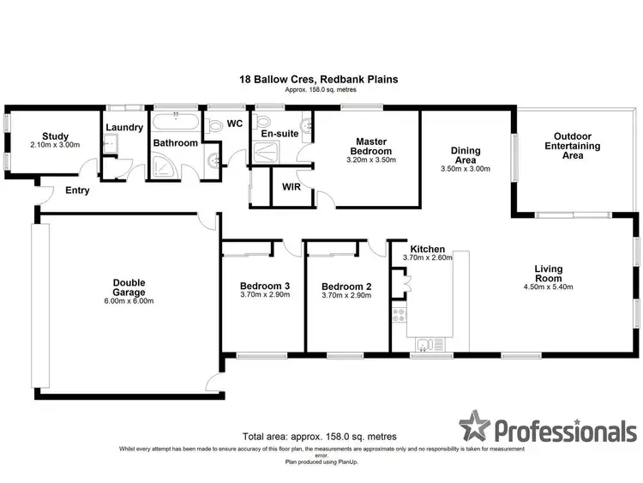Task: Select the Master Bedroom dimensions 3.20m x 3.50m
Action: click(367, 160)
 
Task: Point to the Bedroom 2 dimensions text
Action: click(346, 296)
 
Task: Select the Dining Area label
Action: click(471, 155)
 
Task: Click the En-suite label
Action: click(278, 134)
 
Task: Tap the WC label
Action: click(235, 124)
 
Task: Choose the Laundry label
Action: click(123, 129)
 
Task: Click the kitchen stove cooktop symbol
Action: click(399, 315)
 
